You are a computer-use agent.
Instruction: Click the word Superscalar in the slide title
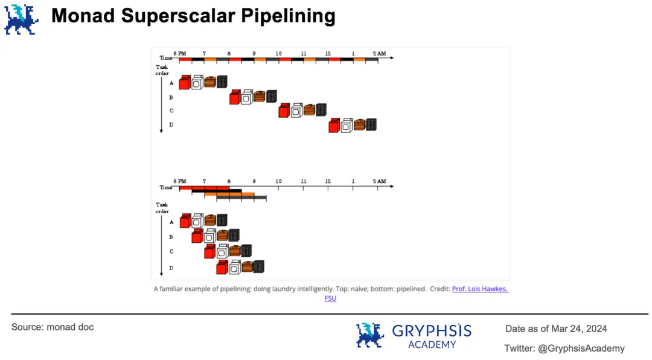177,16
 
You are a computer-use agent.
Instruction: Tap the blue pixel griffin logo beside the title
21,19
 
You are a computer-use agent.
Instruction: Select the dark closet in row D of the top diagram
371,124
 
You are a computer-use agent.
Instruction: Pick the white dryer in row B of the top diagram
247,97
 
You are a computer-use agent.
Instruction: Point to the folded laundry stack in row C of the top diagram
308,109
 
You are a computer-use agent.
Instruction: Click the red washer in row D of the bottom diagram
222,266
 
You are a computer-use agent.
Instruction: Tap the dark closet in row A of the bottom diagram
222,220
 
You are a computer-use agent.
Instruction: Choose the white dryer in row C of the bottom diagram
222,251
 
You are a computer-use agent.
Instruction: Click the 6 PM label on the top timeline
180,53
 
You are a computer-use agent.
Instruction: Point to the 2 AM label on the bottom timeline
379,181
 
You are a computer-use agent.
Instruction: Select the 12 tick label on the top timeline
328,53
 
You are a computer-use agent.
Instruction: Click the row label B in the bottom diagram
171,237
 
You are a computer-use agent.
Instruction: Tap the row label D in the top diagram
171,125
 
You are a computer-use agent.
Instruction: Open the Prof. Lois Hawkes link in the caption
480,289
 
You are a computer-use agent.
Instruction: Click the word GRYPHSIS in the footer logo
432,330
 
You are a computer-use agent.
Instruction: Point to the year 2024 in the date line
595,329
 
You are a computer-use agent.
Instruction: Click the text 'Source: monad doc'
53,327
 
